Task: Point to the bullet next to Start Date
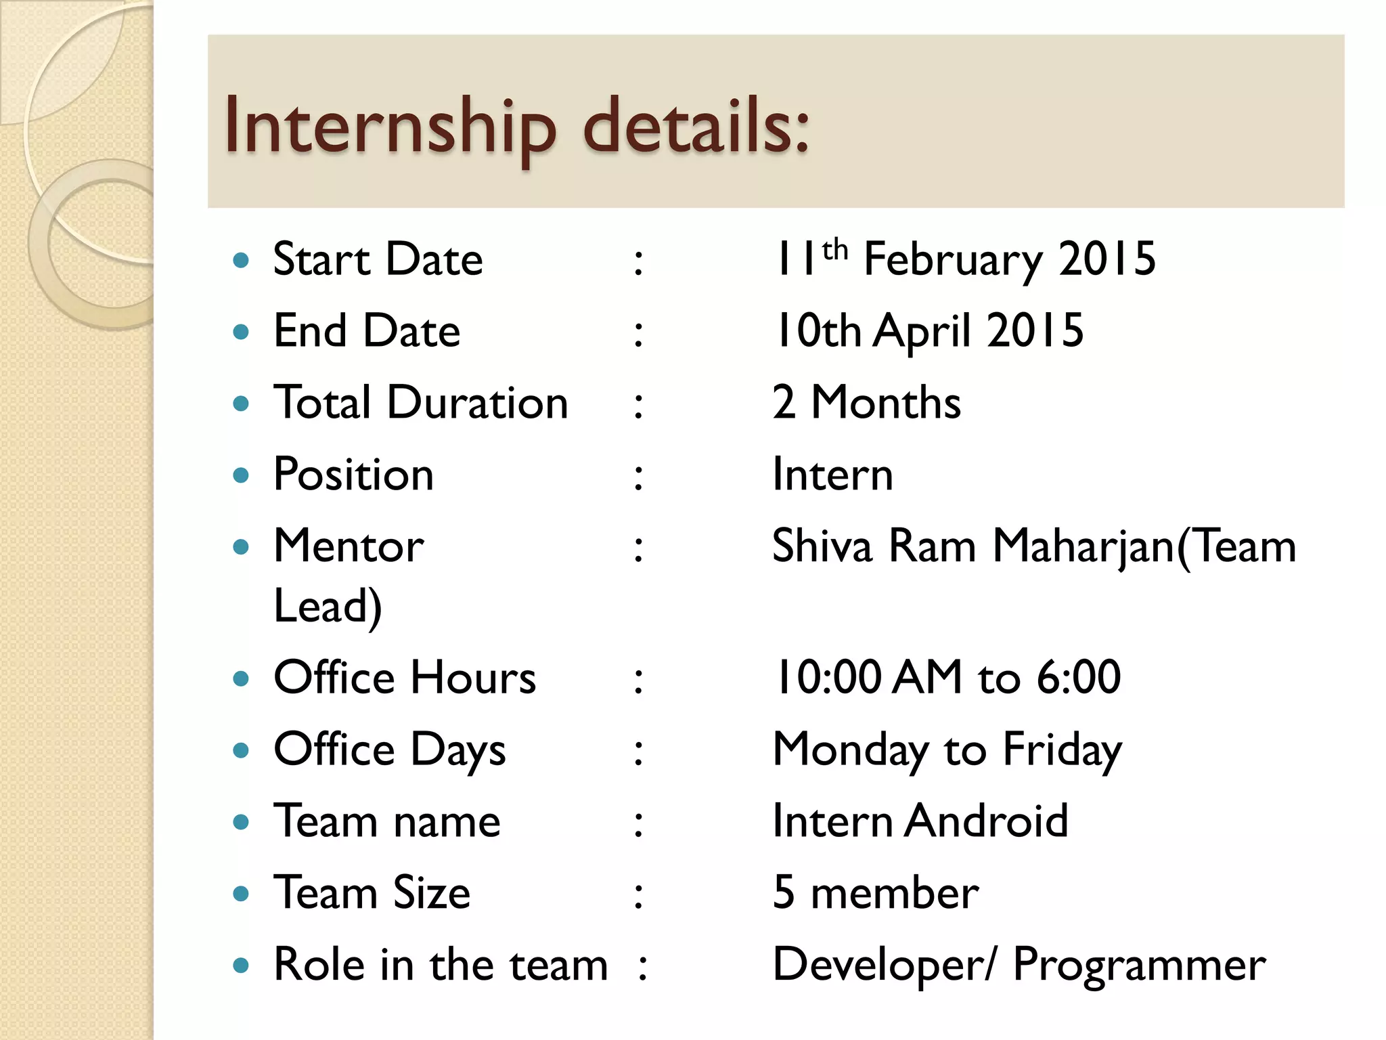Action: click(241, 260)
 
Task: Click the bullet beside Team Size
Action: click(241, 894)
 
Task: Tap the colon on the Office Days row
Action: click(638, 752)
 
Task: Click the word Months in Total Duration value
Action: click(886, 403)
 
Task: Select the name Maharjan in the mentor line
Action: click(1083, 547)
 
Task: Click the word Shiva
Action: click(822, 546)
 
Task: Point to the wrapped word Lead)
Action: click(328, 606)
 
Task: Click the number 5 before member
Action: click(784, 893)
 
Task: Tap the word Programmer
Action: click(1139, 966)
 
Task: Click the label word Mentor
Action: click(349, 546)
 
